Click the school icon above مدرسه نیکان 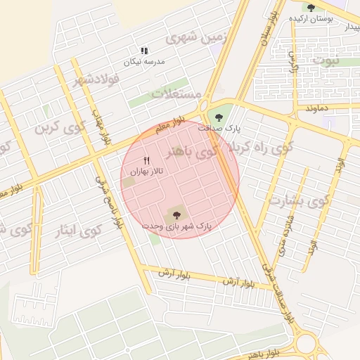coord(144,51)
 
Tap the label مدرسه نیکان coord(144,62)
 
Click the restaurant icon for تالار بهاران coord(147,160)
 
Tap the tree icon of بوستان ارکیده coord(311,8)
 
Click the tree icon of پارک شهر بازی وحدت coord(176,214)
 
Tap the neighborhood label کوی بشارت coord(298,202)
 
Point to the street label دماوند coord(319,108)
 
